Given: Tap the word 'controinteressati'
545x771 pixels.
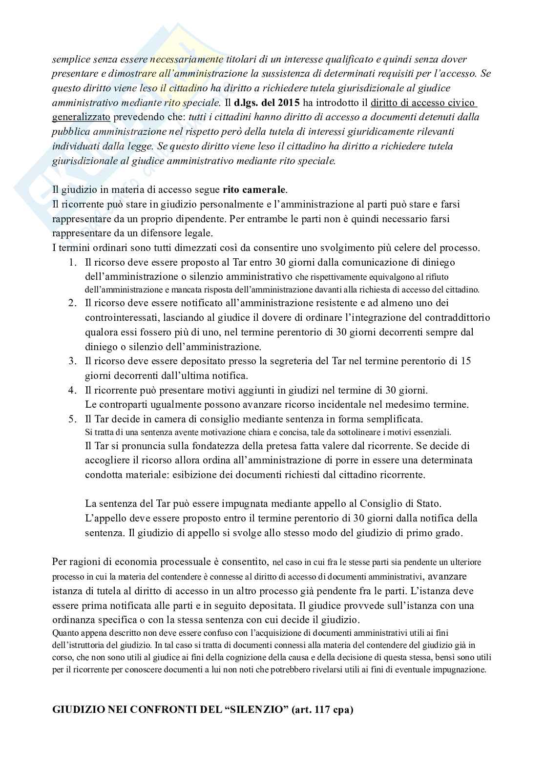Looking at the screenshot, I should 116,318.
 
